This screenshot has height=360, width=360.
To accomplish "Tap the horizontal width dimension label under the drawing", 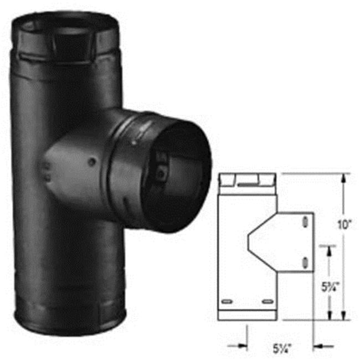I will pyautogui.click(x=282, y=349).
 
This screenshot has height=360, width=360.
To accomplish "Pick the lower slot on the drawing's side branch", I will pyautogui.click(x=305, y=261).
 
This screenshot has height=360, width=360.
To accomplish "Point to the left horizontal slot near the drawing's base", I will pyautogui.click(x=227, y=301).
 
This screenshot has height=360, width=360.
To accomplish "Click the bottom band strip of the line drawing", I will pyautogui.click(x=248, y=314).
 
